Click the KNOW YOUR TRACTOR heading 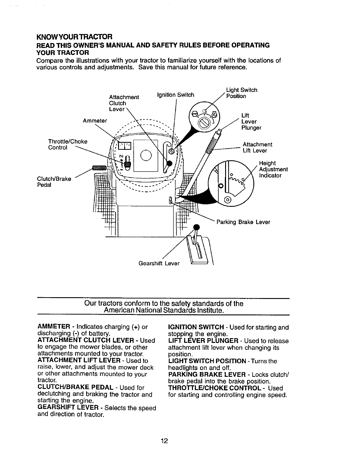tap(74, 37)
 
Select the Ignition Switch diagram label tap(176, 95)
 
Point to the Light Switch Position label tap(241, 93)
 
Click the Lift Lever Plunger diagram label tap(251, 121)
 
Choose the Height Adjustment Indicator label tap(273, 169)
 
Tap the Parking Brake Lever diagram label tap(243, 222)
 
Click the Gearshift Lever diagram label tap(159, 263)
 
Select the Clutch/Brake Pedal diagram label tap(54, 182)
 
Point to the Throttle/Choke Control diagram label tap(68, 144)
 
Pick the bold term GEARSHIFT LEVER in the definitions tap(68, 408)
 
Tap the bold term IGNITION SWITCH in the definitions tap(196, 327)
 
